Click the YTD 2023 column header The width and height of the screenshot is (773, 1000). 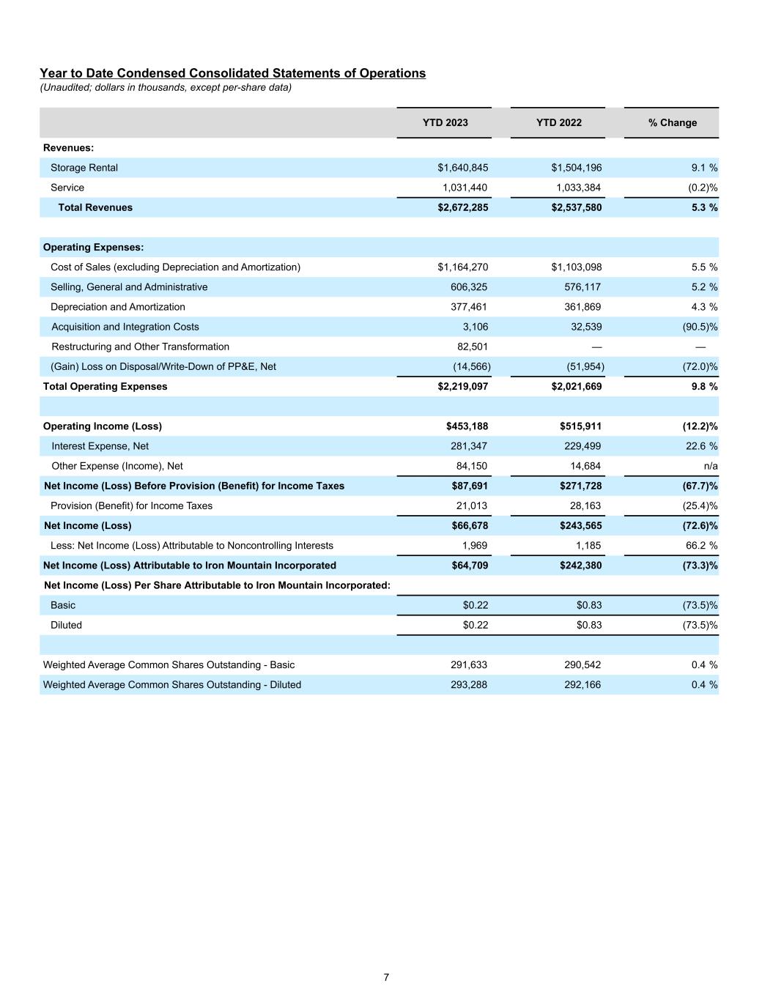coord(445,122)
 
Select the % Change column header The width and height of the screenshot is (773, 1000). coord(672,122)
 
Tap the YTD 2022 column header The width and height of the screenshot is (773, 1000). coord(558,122)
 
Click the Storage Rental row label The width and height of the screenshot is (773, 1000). coord(84,168)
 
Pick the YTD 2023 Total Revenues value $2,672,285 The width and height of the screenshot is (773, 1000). coord(462,207)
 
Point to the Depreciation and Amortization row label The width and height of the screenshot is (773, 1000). coord(118,307)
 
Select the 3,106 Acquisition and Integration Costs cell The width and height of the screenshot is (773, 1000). coord(476,327)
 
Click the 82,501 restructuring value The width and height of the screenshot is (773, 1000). coord(472,347)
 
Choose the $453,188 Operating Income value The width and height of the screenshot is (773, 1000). coord(467,426)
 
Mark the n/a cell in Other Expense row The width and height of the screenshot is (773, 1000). coord(710,466)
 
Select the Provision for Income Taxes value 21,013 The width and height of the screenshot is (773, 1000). coord(472,505)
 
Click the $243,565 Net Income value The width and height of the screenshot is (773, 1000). coord(577,525)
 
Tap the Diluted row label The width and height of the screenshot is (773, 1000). coord(66,625)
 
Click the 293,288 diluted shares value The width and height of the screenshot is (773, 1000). coord(469,685)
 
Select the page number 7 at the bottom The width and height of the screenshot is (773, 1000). coord(386,977)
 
